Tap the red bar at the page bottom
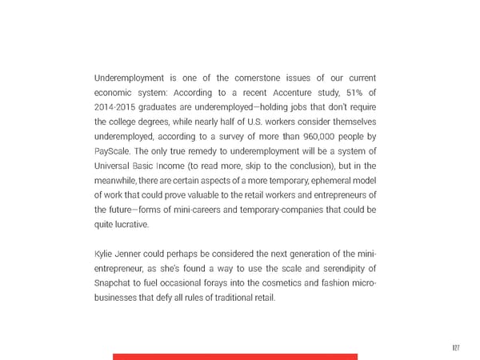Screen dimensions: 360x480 tap(234, 356)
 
